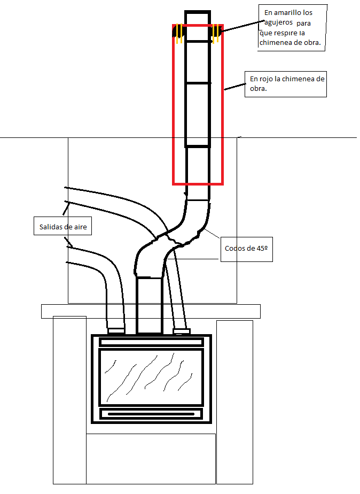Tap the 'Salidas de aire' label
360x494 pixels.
pos(62,227)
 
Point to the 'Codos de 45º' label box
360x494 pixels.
pos(246,249)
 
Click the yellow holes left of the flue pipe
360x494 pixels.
pos(179,35)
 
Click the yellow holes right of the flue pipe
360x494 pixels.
pos(215,35)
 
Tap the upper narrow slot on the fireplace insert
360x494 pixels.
pos(151,342)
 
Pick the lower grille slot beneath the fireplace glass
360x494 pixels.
pos(151,413)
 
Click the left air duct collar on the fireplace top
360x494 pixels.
pos(116,330)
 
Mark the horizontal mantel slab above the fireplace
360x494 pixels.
pos(151,311)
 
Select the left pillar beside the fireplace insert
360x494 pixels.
pos(69,401)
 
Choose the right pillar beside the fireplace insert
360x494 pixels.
pos(234,401)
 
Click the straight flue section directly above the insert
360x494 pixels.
pos(150,305)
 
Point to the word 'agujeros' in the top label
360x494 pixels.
pos(277,22)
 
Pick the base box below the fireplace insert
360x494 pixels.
pos(151,458)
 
